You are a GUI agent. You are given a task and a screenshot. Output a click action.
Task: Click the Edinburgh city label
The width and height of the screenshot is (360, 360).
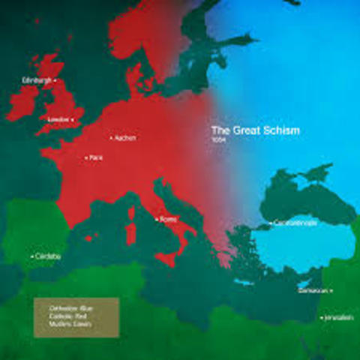(37, 80)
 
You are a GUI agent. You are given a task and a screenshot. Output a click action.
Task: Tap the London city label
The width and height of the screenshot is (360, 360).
(57, 119)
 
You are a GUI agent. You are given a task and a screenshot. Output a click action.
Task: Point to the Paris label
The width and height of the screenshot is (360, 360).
(95, 157)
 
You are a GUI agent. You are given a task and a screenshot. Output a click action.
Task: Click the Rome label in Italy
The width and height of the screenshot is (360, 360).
(168, 219)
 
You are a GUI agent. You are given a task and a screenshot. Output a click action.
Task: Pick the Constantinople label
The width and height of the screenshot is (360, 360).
(291, 223)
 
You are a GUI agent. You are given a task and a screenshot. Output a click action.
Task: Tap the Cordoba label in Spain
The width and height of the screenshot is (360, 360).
(47, 256)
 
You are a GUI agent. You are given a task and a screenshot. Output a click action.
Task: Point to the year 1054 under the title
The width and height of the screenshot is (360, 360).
(218, 140)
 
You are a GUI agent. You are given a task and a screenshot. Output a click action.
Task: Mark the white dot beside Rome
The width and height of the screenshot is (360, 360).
(155, 219)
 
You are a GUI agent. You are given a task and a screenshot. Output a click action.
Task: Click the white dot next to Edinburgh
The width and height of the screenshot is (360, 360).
(55, 80)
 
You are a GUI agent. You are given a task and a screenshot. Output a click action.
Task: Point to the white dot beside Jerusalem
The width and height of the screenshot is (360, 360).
(322, 318)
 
